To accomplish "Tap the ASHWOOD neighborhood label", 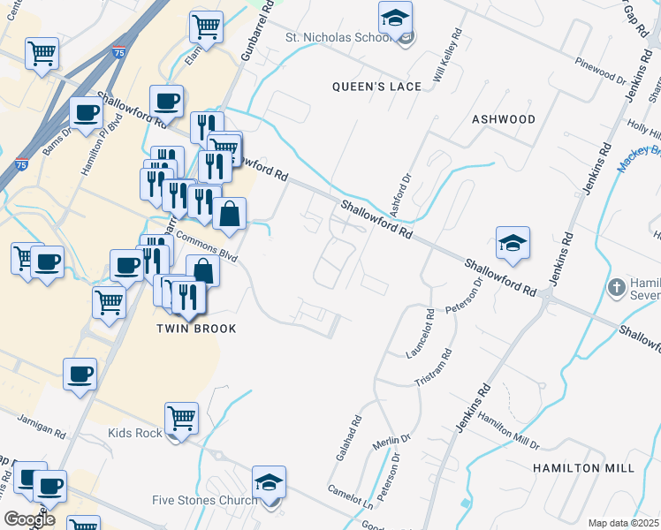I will tap(504, 118).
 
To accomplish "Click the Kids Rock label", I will tap(135, 433).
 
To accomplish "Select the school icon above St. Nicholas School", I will tap(396, 17).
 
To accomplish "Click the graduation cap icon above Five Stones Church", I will tap(269, 482).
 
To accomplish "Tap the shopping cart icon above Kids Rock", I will tap(181, 417).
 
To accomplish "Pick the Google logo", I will tap(28, 519).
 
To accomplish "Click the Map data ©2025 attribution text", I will tap(624, 523).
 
